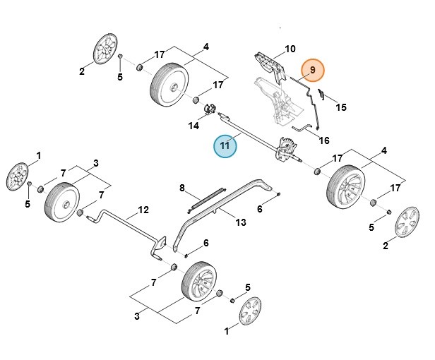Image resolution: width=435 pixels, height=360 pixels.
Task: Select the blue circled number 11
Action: coord(225,146)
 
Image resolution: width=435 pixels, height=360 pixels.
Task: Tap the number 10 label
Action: coord(290,49)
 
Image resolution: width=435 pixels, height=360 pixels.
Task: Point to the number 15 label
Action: coord(341,107)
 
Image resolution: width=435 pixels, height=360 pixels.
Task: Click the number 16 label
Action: coord(324,140)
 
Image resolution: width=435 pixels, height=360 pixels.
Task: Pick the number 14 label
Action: coord(193,126)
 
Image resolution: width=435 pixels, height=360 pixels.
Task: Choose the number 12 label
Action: coord(143,210)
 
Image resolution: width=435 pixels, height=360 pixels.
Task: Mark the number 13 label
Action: coord(241,223)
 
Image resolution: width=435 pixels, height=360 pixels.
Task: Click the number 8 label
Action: coord(182,188)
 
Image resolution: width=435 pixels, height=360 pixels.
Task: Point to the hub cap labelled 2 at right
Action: coord(405,222)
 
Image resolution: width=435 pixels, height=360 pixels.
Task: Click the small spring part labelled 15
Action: coord(321,93)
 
